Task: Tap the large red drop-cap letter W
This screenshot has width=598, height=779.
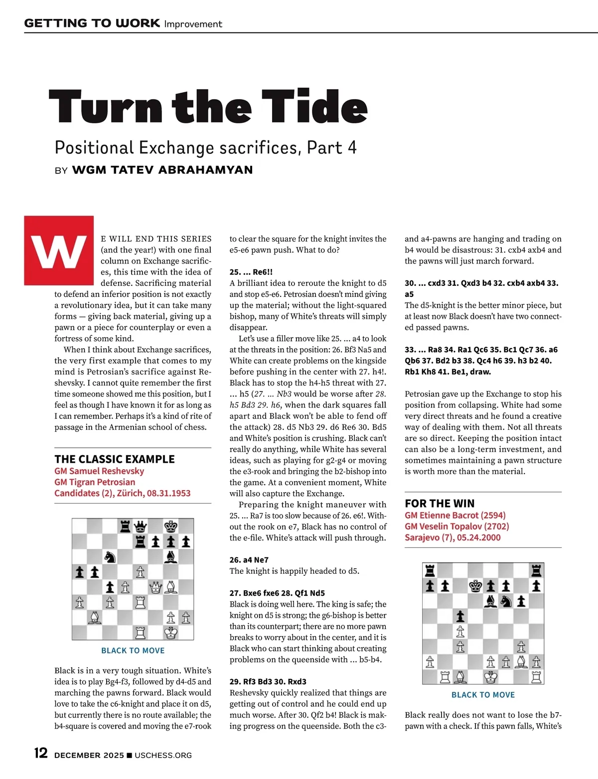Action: click(x=59, y=251)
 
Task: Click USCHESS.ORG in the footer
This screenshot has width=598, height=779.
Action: click(x=163, y=755)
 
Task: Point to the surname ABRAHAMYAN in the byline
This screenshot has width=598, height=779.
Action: click(x=205, y=170)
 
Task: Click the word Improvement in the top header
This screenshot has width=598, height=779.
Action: click(x=193, y=24)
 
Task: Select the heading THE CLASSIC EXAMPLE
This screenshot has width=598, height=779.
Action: click(x=115, y=459)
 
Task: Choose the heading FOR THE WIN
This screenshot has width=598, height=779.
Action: click(x=440, y=504)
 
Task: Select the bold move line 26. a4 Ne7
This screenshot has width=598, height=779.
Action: click(x=249, y=560)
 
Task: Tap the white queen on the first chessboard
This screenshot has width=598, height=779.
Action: click(x=156, y=587)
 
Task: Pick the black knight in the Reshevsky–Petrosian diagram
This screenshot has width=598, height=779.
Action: click(x=110, y=557)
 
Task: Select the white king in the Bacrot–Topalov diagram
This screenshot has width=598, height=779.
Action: click(x=491, y=677)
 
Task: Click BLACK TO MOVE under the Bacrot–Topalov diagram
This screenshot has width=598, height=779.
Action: click(x=483, y=695)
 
